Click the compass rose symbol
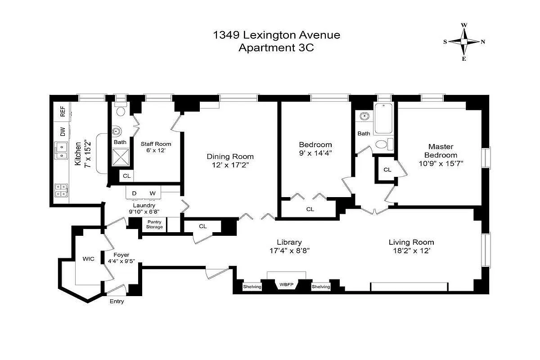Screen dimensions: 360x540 (x=464, y=42)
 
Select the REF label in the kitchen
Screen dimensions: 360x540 (x=63, y=112)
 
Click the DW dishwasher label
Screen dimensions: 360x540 (x=63, y=132)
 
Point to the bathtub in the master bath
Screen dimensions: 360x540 (x=383, y=119)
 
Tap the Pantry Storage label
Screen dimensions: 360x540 (x=154, y=225)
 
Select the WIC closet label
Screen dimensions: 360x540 (x=88, y=259)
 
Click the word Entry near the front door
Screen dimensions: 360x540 (x=117, y=301)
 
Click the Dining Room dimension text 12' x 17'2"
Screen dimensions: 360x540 (x=230, y=165)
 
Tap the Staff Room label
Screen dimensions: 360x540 (x=156, y=144)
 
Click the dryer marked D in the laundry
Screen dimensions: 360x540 (x=134, y=193)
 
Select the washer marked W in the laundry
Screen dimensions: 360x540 (x=153, y=193)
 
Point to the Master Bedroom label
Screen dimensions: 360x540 (x=441, y=151)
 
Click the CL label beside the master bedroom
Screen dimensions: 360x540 (x=387, y=170)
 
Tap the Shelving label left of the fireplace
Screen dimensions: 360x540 (x=252, y=287)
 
